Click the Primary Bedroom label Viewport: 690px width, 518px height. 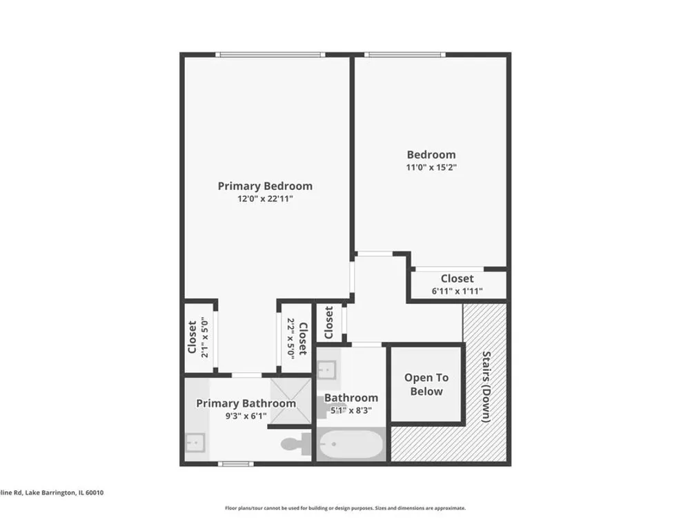tap(265, 186)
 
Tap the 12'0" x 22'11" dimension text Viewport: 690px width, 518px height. tap(265, 199)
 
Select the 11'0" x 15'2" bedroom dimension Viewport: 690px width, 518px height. tap(431, 167)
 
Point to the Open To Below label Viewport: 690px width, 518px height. tap(426, 385)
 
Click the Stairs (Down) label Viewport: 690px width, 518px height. tap(486, 387)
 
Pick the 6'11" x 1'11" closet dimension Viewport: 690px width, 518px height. tap(457, 291)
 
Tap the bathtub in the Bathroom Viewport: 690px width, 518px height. tap(351, 444)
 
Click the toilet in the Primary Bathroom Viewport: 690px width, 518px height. tap(296, 444)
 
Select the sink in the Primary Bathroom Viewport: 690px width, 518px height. tap(195, 442)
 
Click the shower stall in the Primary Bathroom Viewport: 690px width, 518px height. tap(291, 401)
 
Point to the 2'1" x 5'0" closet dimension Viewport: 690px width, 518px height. tap(204, 338)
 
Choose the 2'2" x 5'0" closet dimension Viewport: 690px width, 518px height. tap(290, 338)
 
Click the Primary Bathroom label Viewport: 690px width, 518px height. tap(246, 403)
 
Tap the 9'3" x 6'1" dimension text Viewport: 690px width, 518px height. tap(246, 416)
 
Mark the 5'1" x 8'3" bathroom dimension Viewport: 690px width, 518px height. tap(351, 410)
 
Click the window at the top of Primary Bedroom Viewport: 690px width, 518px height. tap(270, 55)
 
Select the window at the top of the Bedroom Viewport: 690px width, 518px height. tap(405, 55)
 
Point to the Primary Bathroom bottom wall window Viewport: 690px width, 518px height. tap(236, 463)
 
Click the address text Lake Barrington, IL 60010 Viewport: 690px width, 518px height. tap(64, 492)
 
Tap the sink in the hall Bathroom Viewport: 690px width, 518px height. tap(327, 370)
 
